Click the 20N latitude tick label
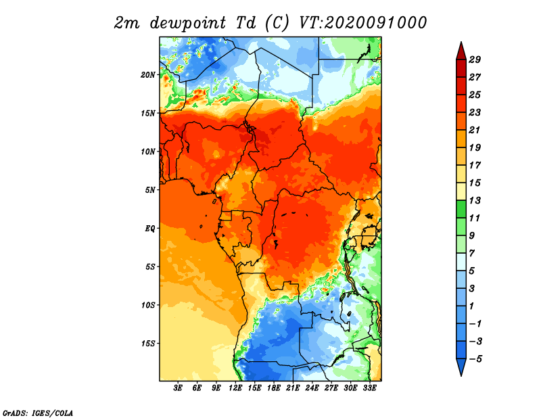coord(147,74)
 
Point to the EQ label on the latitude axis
coord(149,228)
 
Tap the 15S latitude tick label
coord(147,344)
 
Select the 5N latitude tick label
coord(149,190)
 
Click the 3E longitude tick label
coord(178,388)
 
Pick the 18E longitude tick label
coord(274,388)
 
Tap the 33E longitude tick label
coord(369,388)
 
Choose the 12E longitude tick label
coord(235,388)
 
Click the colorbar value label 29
coord(475,60)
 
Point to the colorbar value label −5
coord(475,359)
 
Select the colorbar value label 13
coord(475,200)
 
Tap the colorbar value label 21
coord(475,130)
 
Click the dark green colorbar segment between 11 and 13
coord(461,209)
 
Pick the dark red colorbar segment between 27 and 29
coord(461,68)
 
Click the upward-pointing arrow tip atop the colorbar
coord(461,42)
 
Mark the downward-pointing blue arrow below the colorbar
coord(461,367)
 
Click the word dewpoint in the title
coord(188,23)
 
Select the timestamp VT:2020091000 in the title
coord(363,23)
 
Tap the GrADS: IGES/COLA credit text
coord(38,413)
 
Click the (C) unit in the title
coord(277,23)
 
